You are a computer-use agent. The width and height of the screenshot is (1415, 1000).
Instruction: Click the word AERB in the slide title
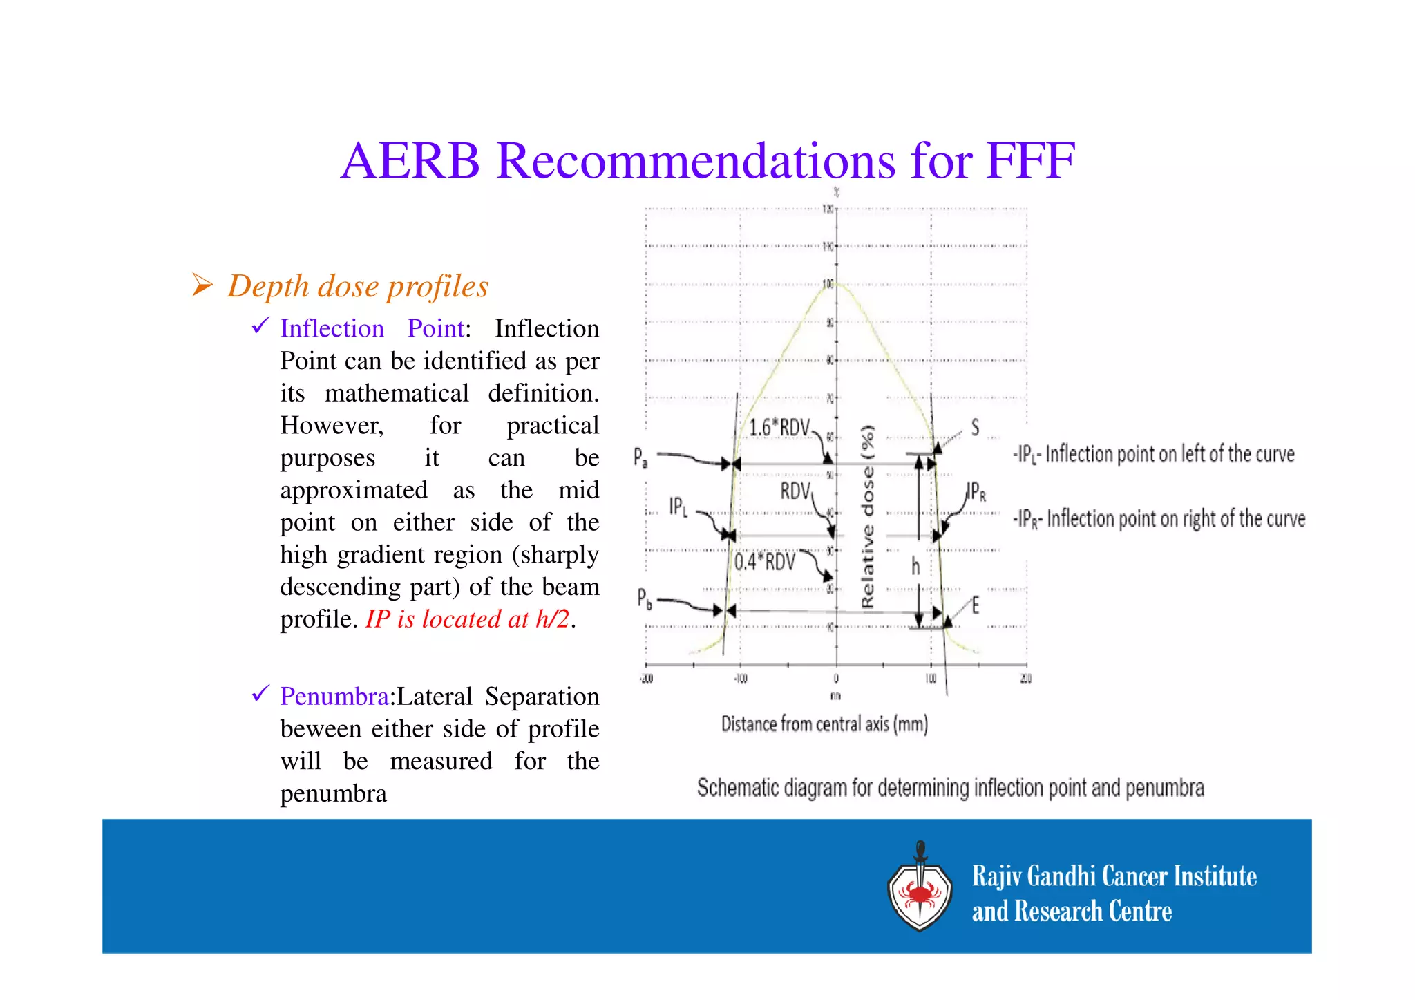[410, 162]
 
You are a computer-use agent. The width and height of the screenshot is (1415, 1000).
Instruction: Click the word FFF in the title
[1030, 162]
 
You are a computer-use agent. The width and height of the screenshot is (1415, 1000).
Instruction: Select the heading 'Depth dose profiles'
[358, 286]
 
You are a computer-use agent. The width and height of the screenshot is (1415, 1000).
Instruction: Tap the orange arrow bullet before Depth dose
[202, 285]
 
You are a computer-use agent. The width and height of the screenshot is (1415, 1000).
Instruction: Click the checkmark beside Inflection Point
[260, 325]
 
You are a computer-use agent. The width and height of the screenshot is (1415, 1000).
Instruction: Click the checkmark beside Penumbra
[260, 693]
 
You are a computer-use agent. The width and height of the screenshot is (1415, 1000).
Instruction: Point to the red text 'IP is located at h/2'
[468, 619]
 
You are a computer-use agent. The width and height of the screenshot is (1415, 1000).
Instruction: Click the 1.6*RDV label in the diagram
[779, 428]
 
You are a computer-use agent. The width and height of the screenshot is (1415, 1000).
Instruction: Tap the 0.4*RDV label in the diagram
[764, 561]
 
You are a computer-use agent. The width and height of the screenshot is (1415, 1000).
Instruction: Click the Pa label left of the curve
[640, 457]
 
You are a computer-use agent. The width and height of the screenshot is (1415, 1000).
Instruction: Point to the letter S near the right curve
[975, 427]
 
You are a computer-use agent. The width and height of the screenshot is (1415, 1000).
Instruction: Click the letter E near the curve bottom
[975, 606]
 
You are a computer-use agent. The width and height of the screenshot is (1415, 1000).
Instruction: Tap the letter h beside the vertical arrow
[915, 567]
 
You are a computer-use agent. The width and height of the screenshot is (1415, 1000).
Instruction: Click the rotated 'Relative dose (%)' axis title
[868, 516]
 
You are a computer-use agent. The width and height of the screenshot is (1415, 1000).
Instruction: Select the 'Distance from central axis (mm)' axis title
[824, 724]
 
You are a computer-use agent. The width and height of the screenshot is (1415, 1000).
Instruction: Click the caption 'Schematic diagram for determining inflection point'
[950, 788]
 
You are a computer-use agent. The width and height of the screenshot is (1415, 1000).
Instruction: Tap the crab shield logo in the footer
[920, 889]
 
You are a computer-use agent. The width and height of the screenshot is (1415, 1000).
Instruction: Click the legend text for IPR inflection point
[1159, 519]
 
